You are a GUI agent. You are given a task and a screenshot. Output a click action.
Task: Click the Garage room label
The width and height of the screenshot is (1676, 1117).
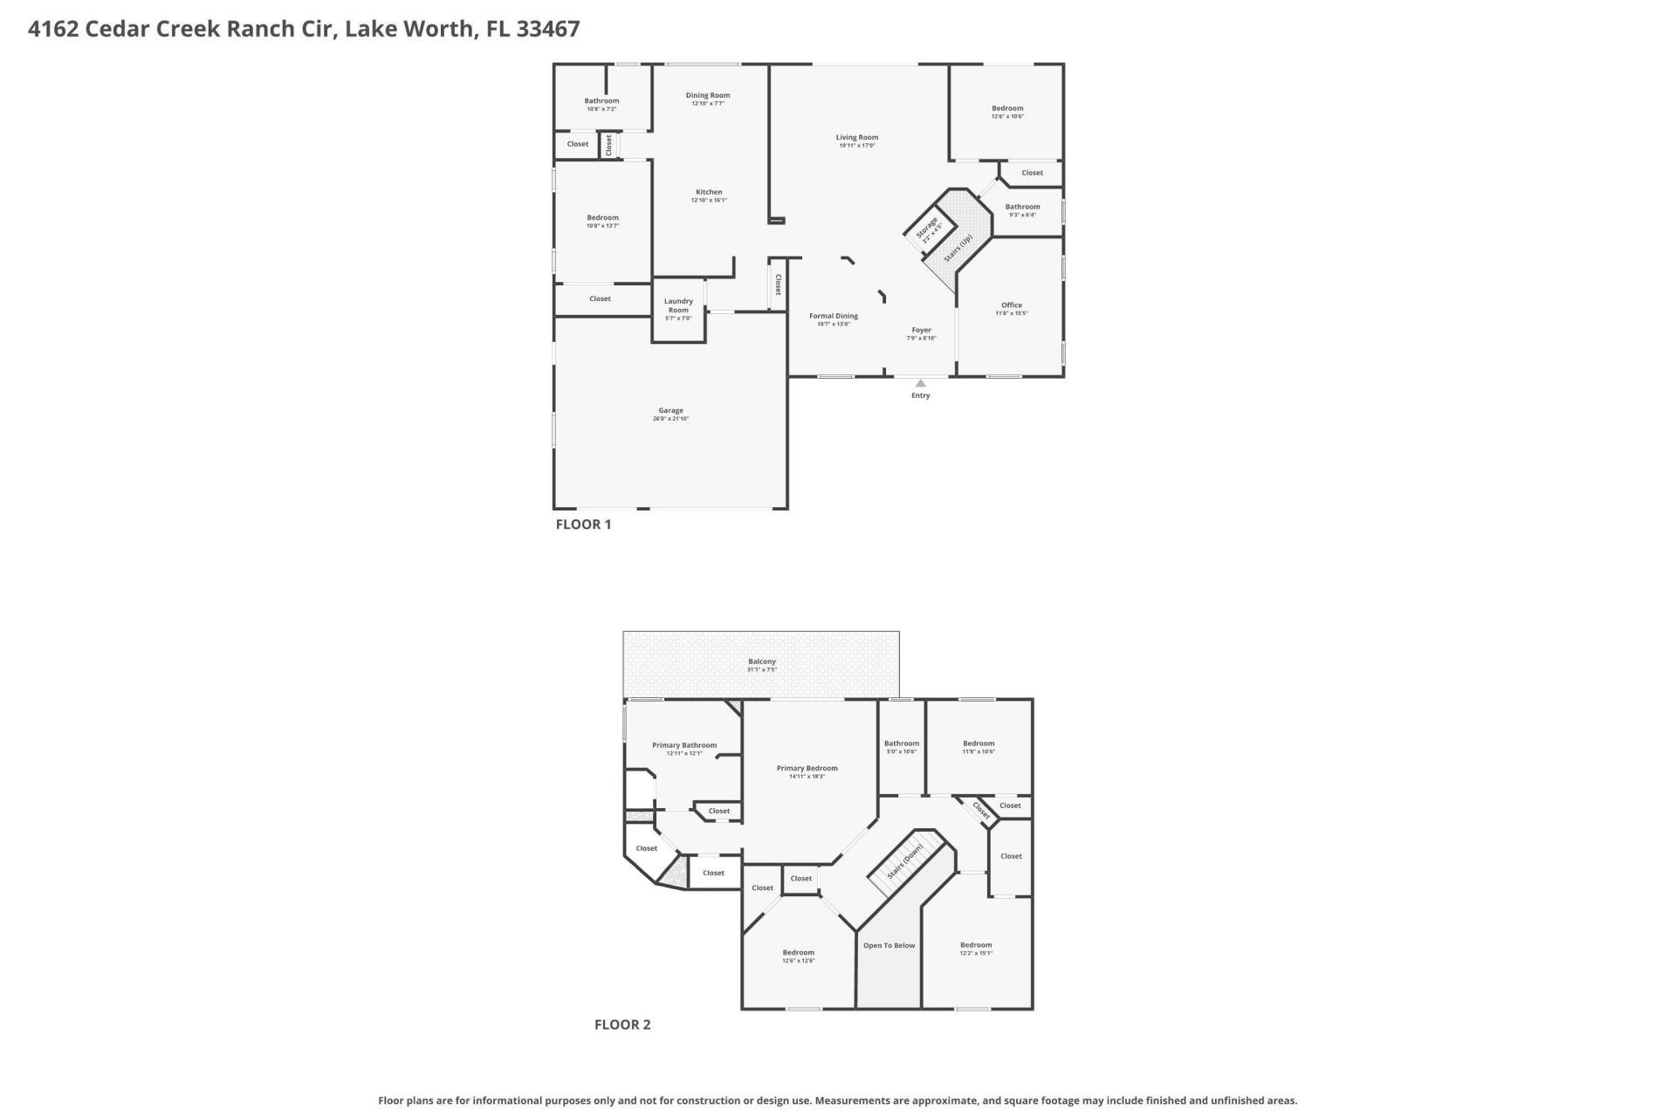670,410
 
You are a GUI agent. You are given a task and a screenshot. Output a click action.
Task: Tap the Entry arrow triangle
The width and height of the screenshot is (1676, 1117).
920,383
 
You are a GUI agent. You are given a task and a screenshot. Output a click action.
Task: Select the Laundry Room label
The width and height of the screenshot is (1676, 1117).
678,305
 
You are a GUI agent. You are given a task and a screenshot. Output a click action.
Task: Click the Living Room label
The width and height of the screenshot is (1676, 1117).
856,137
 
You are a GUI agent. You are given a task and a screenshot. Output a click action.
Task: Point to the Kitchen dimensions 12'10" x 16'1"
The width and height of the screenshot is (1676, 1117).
709,201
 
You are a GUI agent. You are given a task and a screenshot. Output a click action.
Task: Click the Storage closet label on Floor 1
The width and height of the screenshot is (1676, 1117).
927,229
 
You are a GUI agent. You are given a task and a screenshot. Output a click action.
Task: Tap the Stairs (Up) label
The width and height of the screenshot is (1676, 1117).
958,249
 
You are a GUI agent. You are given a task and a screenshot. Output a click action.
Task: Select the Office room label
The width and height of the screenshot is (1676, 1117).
1011,305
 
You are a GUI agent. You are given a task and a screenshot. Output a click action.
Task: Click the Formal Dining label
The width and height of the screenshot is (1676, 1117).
833,316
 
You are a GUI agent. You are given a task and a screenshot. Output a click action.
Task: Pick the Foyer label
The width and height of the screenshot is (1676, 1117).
921,330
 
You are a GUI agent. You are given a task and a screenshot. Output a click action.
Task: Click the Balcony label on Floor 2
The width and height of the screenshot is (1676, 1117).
761,661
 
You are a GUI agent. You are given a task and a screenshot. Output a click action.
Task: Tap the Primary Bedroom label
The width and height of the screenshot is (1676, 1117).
807,768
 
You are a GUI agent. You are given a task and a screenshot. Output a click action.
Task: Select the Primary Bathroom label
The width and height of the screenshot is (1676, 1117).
684,745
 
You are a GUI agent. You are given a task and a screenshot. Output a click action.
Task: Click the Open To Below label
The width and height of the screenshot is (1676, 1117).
889,945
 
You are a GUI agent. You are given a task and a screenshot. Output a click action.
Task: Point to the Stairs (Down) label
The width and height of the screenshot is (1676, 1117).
905,861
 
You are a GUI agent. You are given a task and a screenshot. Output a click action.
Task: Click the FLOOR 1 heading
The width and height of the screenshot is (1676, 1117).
583,524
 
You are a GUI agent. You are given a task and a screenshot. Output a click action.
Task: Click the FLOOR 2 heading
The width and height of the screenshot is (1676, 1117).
622,1024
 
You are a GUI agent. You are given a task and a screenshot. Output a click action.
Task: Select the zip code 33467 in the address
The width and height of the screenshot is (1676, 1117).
547,29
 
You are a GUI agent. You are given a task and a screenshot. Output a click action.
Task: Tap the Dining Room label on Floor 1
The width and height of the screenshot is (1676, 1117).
707,95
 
